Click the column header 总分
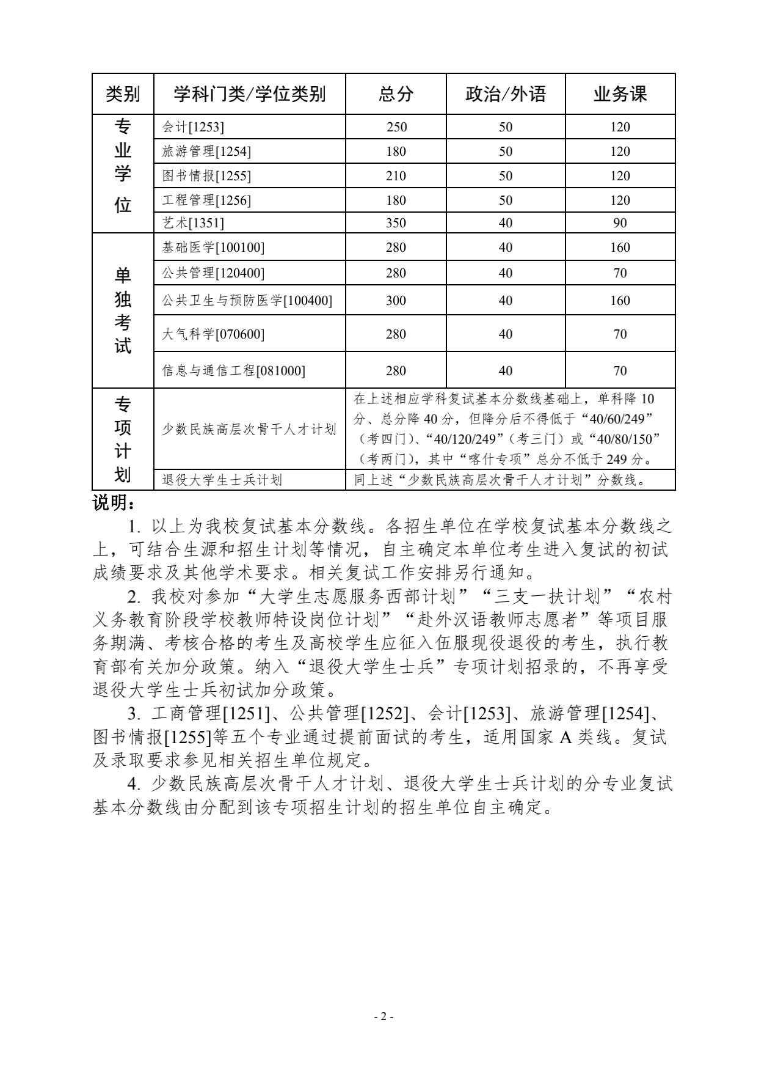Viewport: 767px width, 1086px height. pos(396,94)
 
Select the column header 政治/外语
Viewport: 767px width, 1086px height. pos(505,94)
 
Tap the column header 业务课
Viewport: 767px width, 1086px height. pos(620,94)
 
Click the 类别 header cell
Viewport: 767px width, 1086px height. pos(123,94)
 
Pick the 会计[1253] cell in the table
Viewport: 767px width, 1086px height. pos(193,127)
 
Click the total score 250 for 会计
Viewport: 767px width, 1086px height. pos(396,127)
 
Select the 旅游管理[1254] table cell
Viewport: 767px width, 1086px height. pos(206,152)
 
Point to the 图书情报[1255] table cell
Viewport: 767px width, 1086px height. pos(206,176)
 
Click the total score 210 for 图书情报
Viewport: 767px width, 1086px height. pos(396,176)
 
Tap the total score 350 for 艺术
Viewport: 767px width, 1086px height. pos(396,223)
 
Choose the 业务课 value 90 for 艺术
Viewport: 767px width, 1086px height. pos(620,223)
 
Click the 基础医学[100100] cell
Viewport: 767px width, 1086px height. pos(213,248)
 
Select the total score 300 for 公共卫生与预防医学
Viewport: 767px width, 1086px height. pos(396,301)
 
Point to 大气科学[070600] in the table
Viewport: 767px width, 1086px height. pos(213,334)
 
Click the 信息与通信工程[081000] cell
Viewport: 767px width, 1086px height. pos(233,371)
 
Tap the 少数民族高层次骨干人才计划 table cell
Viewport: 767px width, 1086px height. pos(249,430)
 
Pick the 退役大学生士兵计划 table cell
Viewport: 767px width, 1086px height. pos(222,480)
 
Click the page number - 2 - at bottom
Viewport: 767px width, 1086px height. pos(383,1017)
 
